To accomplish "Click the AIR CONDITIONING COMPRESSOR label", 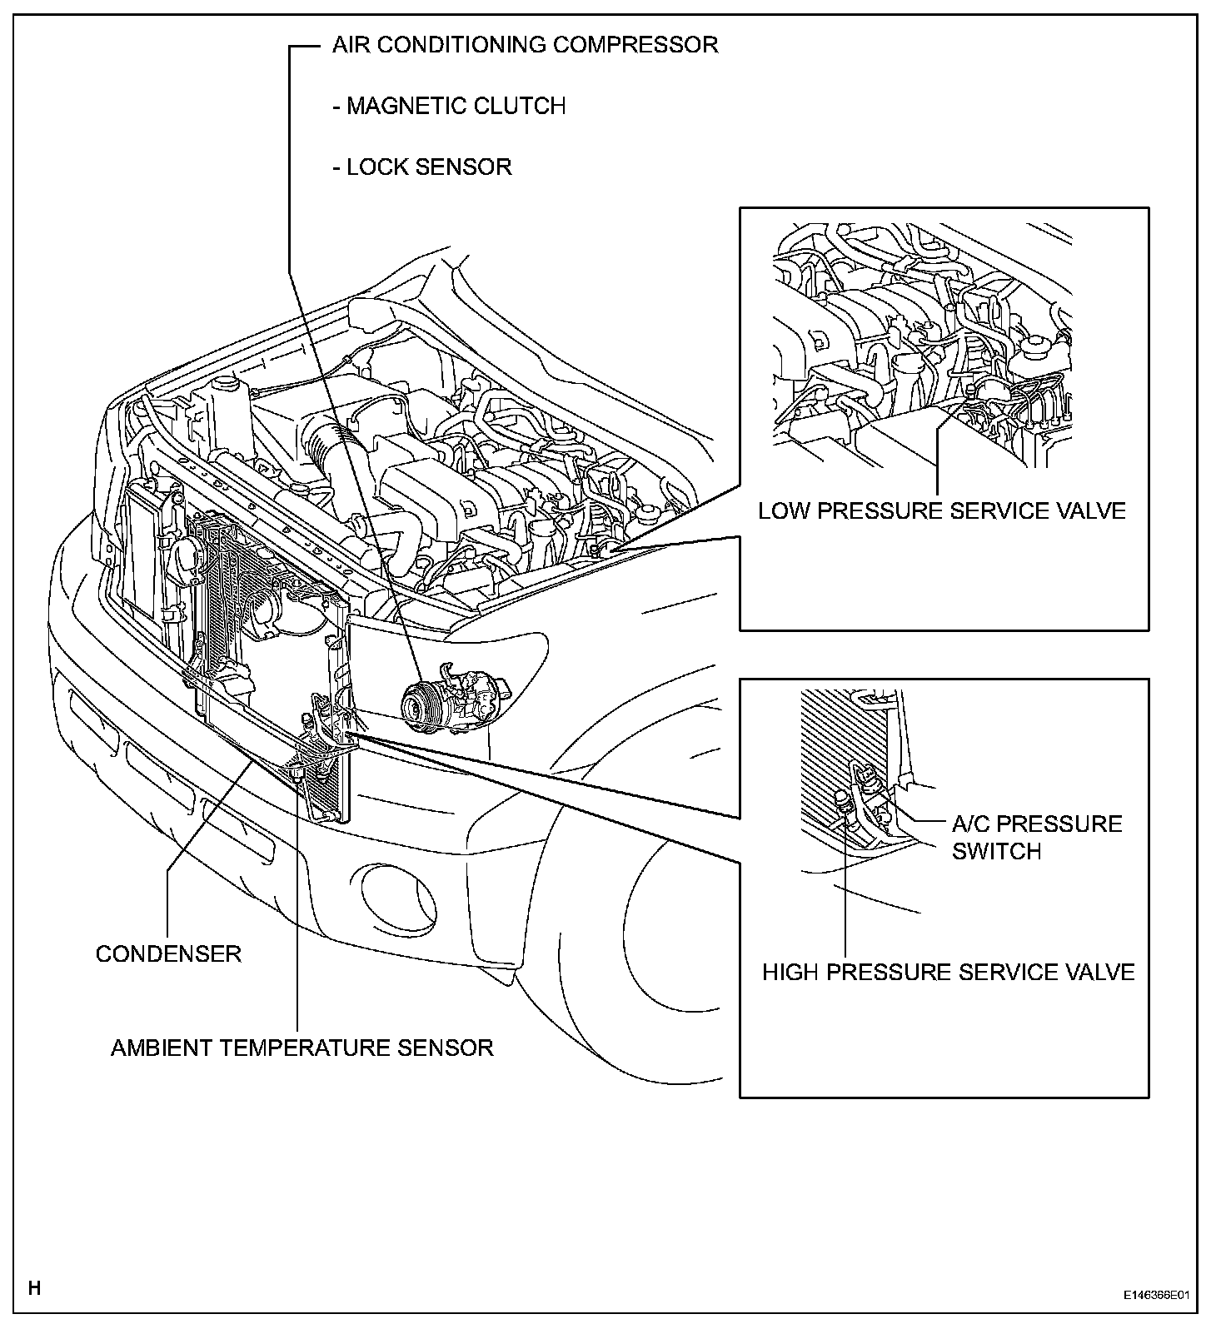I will pos(525,45).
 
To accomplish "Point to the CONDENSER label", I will pos(168,953).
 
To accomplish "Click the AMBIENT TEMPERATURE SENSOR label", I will pos(302,1048).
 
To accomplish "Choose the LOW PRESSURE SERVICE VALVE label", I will pos(941,510).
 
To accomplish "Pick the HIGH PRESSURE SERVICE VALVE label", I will pos(948,973).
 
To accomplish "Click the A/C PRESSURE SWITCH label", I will pos(1037,838).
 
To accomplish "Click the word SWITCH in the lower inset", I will pos(997,852).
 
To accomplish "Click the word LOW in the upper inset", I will pos(784,510).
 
